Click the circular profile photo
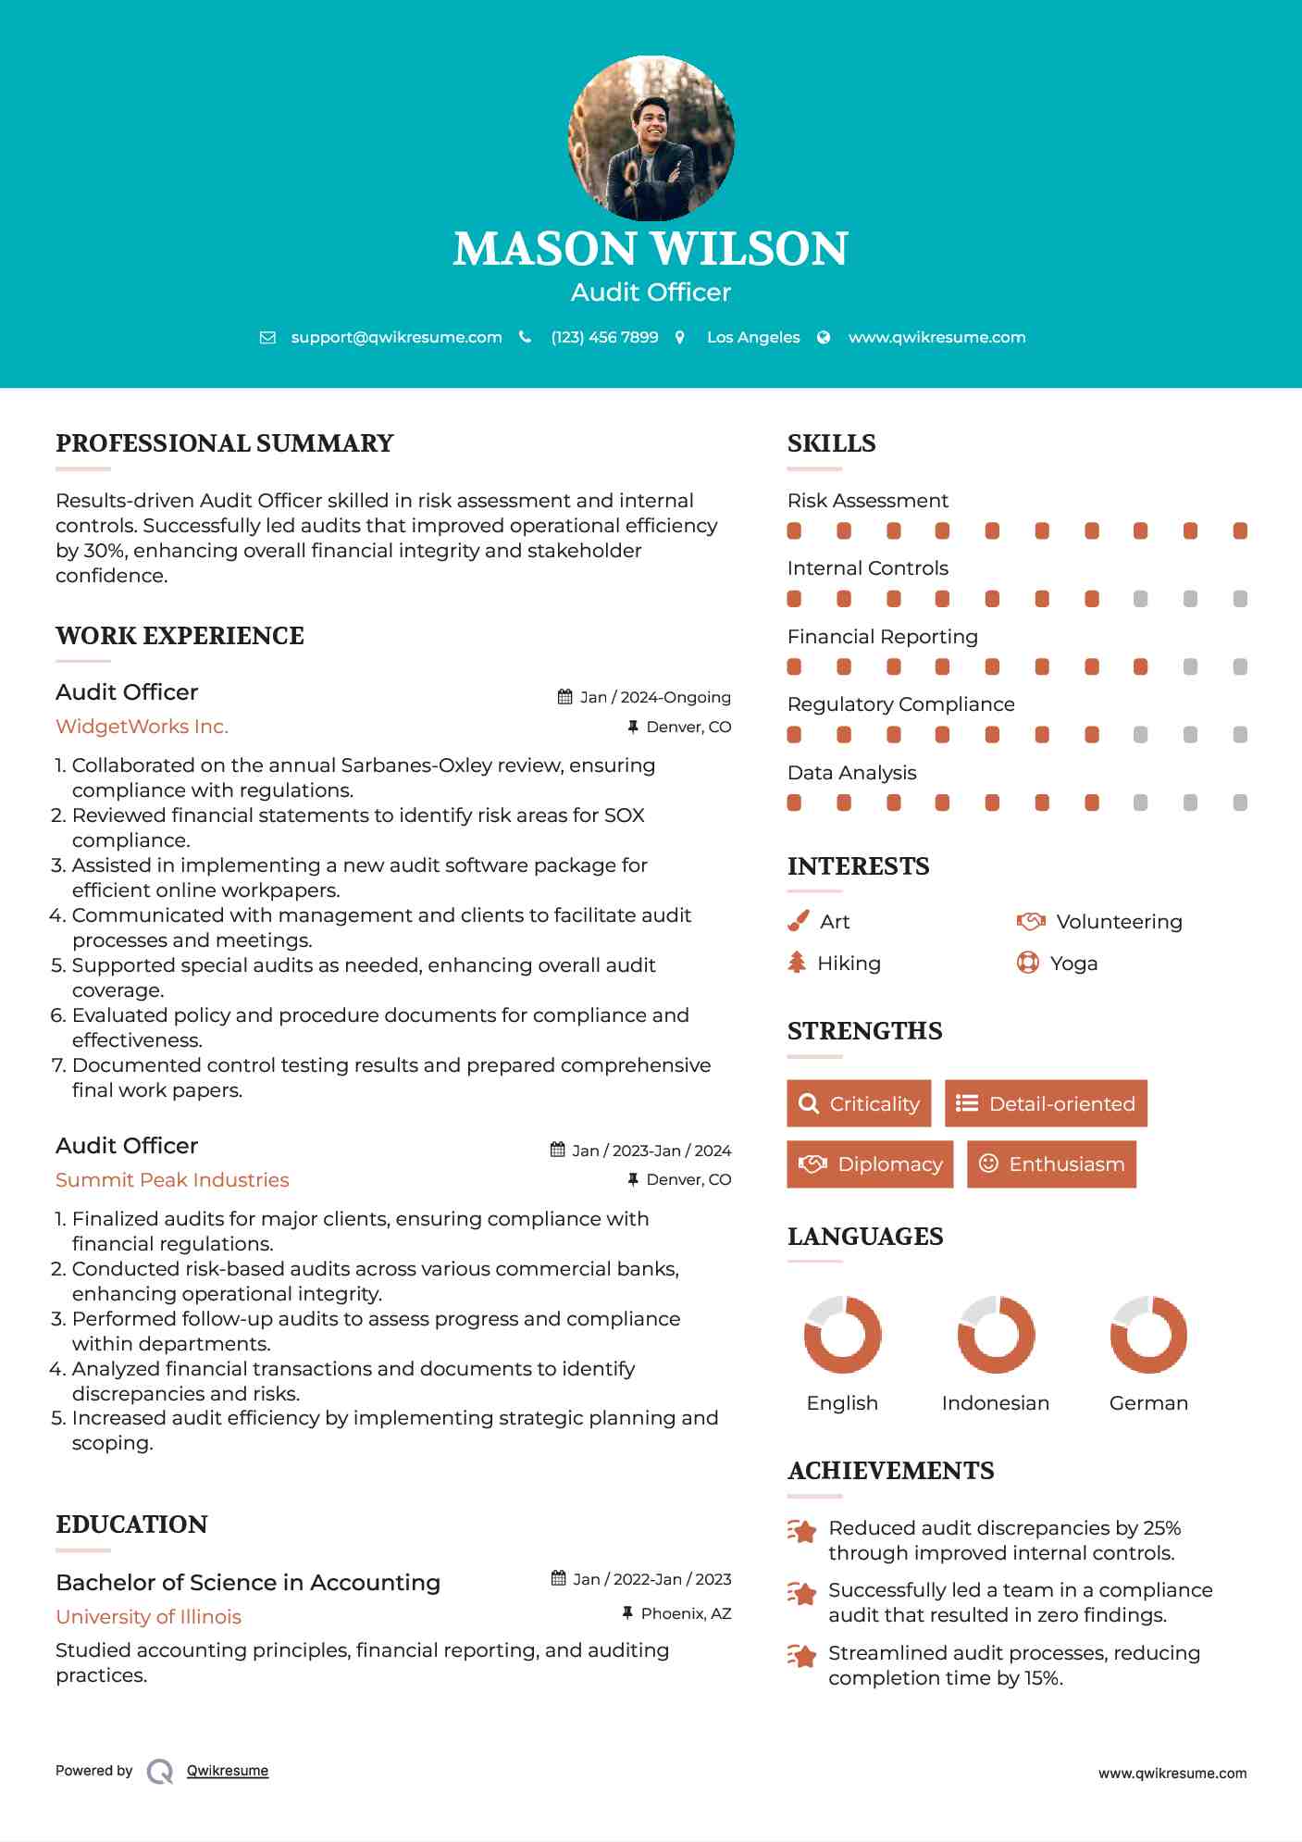pyautogui.click(x=651, y=138)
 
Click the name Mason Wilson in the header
pyautogui.click(x=651, y=248)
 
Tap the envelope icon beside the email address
pyautogui.click(x=267, y=338)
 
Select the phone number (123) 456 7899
pyautogui.click(x=604, y=338)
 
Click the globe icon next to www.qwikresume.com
pyautogui.click(x=824, y=338)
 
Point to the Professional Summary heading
pyautogui.click(x=225, y=443)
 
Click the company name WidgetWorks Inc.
pyautogui.click(x=142, y=727)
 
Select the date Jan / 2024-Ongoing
pyautogui.click(x=655, y=697)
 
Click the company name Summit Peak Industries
pyautogui.click(x=172, y=1180)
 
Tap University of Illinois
pyautogui.click(x=148, y=1616)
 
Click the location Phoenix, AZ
pyautogui.click(x=686, y=1613)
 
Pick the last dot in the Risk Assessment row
pyautogui.click(x=1240, y=530)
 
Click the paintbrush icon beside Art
pyautogui.click(x=798, y=921)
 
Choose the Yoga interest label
pyautogui.click(x=1073, y=964)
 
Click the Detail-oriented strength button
pyautogui.click(x=1046, y=1103)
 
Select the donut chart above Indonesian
pyautogui.click(x=996, y=1335)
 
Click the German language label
pyautogui.click(x=1148, y=1403)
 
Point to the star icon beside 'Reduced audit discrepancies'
pyautogui.click(x=802, y=1531)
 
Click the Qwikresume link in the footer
pyautogui.click(x=228, y=1771)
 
